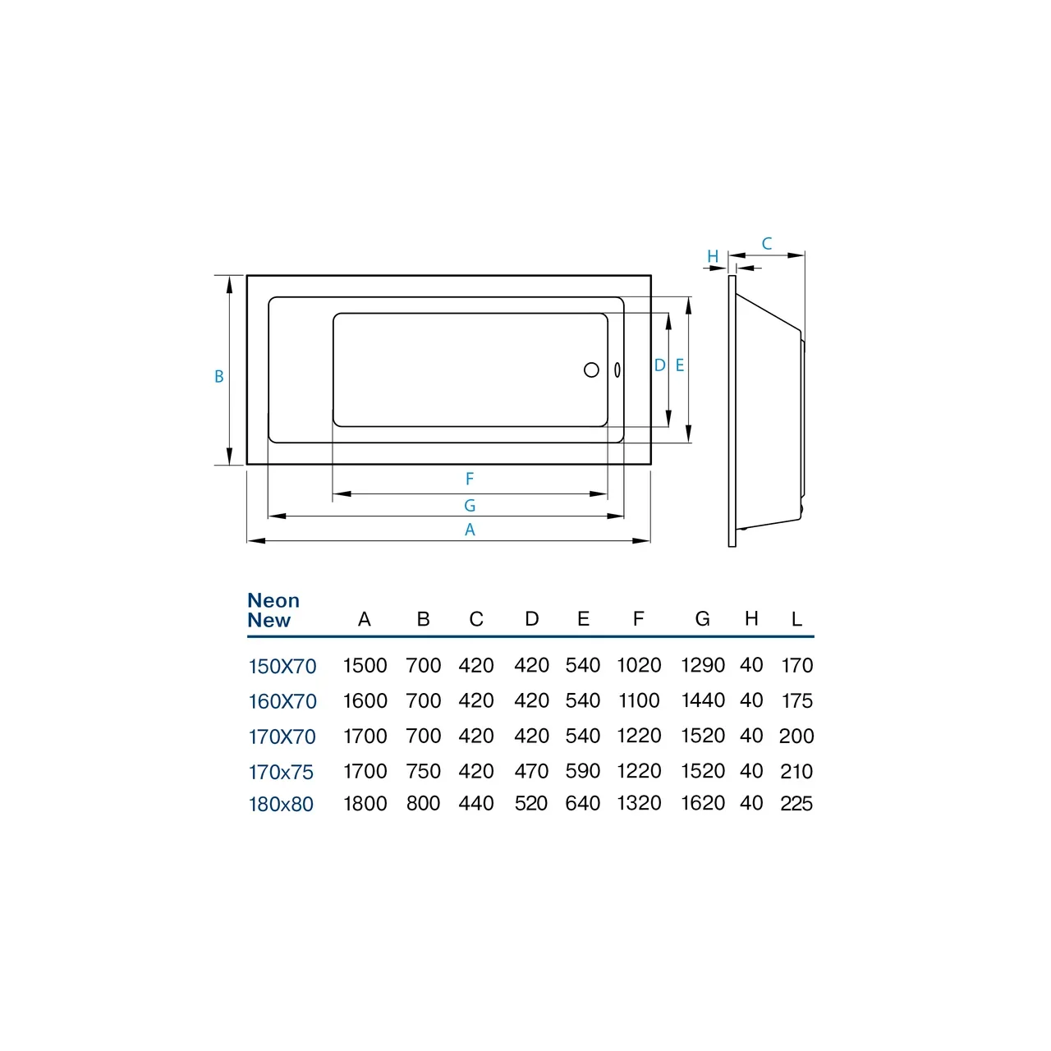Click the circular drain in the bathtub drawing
[x=591, y=370]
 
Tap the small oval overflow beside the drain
[x=617, y=370]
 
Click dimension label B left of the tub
[x=219, y=377]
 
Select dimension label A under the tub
[x=470, y=530]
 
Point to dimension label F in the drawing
[x=470, y=479]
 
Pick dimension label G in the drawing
[x=470, y=506]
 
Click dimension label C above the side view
[x=767, y=244]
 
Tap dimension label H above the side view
[x=713, y=257]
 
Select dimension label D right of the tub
[x=659, y=365]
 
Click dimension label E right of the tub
[x=680, y=365]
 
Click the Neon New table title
[x=273, y=611]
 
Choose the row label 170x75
[x=281, y=773]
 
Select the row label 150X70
[x=282, y=667]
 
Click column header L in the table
[x=796, y=619]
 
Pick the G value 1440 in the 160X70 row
[x=703, y=700]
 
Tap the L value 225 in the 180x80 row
[x=796, y=804]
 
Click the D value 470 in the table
[x=531, y=772]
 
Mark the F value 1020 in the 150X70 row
[x=639, y=666]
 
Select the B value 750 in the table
[x=423, y=772]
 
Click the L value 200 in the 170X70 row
[x=796, y=737]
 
